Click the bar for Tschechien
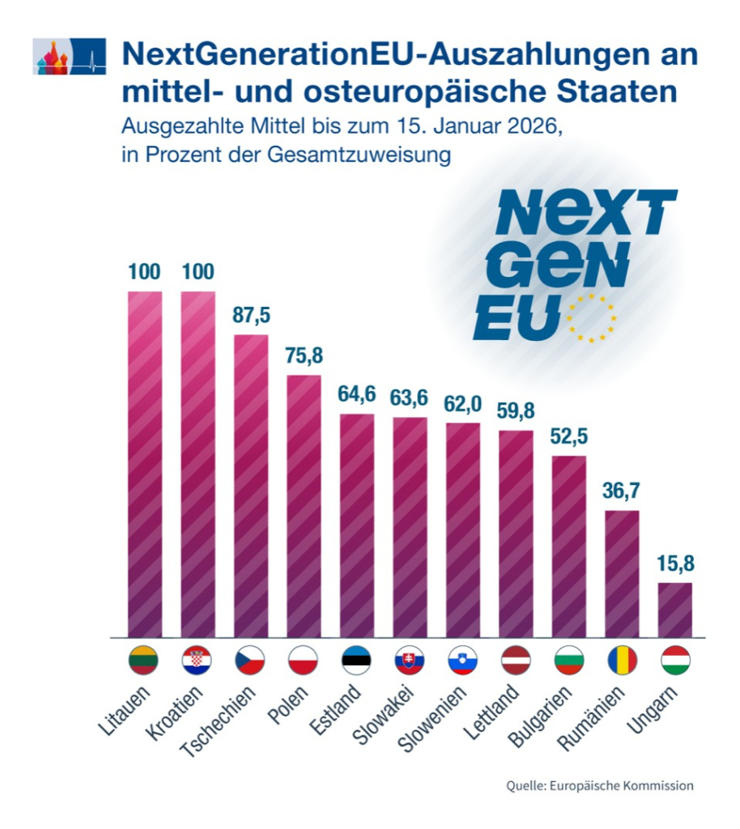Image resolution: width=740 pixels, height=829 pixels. [251, 486]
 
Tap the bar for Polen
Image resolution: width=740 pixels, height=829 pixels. [304, 506]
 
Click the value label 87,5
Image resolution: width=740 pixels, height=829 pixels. [251, 315]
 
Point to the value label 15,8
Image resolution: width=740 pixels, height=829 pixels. [675, 563]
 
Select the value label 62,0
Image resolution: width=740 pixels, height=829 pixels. [463, 403]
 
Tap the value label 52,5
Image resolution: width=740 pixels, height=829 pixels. [569, 436]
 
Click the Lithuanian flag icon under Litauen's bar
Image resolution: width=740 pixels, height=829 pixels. [145, 661]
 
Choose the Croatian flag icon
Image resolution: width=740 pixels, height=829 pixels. [198, 661]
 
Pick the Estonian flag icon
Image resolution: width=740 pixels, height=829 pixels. [356, 661]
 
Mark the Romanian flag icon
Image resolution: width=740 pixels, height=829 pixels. [622, 661]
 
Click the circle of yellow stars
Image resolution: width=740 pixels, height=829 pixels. [591, 318]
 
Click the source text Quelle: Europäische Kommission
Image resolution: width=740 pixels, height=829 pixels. [600, 785]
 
